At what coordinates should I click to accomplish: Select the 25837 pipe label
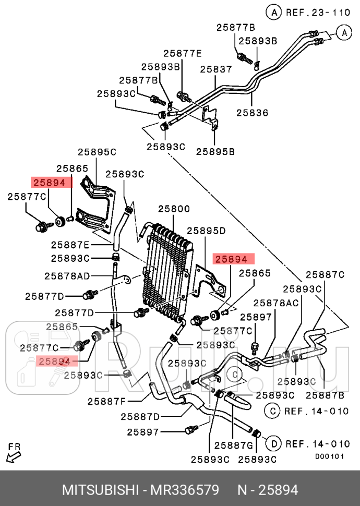pos(215,69)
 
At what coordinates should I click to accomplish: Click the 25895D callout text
pos(206,230)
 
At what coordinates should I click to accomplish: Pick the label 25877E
pos(182,53)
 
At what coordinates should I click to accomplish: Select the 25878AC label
pos(276,303)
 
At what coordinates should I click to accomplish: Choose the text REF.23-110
pos(315,11)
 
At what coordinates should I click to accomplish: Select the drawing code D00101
pos(329,456)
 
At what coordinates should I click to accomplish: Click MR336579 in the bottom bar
pos(185,490)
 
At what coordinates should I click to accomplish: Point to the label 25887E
pos(70,244)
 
